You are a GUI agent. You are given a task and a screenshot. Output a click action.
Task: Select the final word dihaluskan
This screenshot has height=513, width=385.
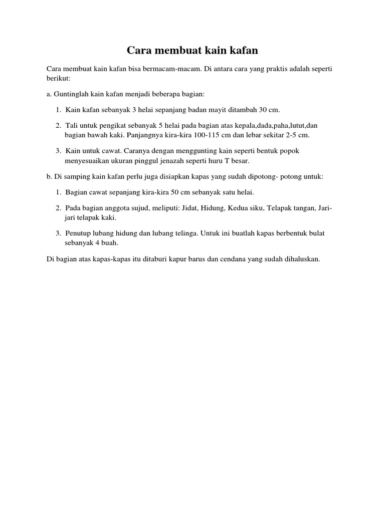(299, 260)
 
